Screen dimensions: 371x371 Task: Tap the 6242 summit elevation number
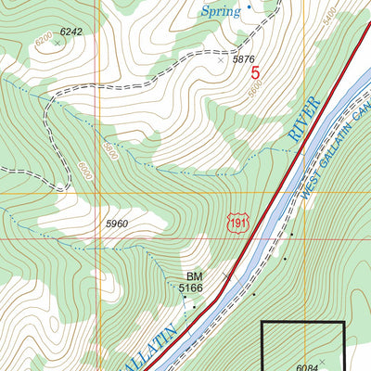[x=70, y=32]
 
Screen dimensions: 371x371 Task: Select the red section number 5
[x=254, y=69]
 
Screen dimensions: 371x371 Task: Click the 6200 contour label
[x=43, y=41]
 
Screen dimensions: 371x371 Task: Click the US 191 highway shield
[x=238, y=224]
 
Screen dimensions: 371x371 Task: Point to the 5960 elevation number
[x=117, y=224]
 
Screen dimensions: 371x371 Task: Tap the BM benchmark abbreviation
[x=194, y=276]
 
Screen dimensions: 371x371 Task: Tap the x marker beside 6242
[x=57, y=42]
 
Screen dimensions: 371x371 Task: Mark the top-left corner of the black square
[x=262, y=323]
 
